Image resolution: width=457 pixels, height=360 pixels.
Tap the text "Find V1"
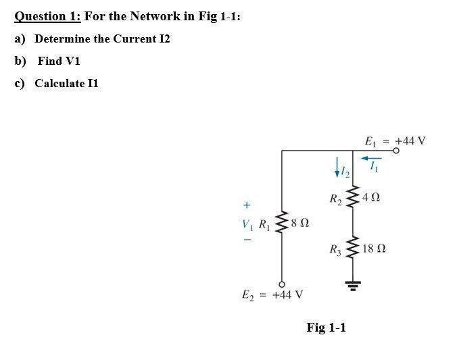click(59, 61)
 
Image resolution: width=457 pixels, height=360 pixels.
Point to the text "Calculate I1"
click(66, 83)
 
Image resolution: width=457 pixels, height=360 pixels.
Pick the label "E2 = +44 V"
click(272, 294)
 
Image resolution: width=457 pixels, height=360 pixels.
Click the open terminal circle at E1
click(397, 152)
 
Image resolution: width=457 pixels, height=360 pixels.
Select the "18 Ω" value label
click(374, 250)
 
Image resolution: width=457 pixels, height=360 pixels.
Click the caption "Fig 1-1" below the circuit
click(326, 328)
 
